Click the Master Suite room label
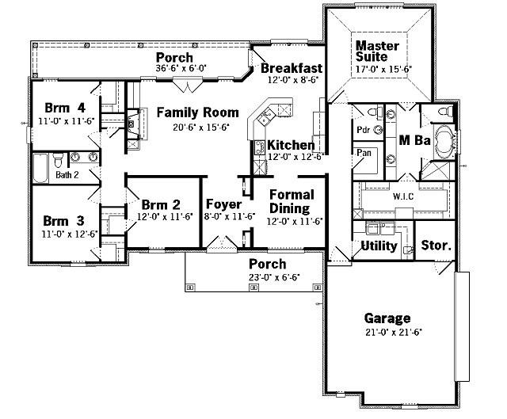pos(377,51)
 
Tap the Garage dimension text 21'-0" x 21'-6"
pos(394,333)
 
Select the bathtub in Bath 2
pos(40,168)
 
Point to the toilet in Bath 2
pos(58,160)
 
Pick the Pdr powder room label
pos(363,130)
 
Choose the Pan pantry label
pos(364,152)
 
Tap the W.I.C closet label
pos(403,196)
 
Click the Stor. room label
pos(436,246)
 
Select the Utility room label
pos(379,246)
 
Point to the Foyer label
pos(223,204)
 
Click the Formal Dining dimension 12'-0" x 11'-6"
pos(295,222)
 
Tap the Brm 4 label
pos(65,108)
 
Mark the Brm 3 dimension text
pos(70,234)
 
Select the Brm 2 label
pos(161,204)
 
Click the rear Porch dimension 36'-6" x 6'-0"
pos(181,68)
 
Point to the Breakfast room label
pos(292,68)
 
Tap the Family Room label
pos(198,112)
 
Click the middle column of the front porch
pos(254,287)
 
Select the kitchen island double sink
pos(266,117)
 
